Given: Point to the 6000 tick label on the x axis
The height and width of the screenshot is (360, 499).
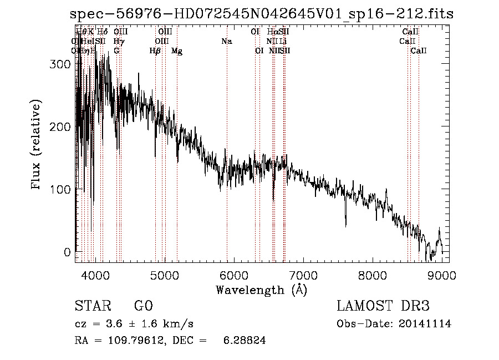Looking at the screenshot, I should [x=233, y=275].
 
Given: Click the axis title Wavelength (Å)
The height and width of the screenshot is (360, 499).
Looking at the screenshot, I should [x=261, y=290].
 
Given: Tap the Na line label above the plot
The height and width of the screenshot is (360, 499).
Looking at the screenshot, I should [x=226, y=41].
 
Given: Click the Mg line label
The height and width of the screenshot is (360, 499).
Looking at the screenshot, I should [x=177, y=51].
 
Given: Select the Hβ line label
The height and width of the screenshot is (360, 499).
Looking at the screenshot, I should [x=155, y=51].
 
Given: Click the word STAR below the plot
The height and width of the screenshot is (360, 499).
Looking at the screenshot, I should [x=92, y=307].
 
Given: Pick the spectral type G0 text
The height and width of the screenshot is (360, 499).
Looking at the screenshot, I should [x=143, y=307].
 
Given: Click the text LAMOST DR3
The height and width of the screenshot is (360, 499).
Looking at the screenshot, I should [x=383, y=307].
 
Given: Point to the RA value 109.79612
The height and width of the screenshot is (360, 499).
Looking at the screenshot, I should [x=131, y=341].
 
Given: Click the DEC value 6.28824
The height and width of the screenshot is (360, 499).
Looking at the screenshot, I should [x=244, y=341].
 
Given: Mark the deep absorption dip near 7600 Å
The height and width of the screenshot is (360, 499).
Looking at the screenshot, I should [x=346, y=224].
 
